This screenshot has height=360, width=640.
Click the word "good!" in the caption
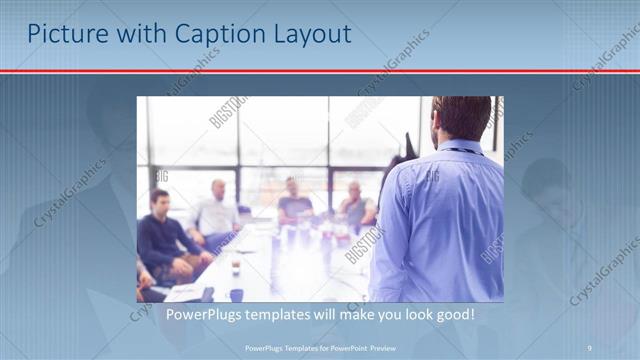452,314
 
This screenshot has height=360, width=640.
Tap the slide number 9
589,347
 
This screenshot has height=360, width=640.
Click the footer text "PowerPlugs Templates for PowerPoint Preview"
319,347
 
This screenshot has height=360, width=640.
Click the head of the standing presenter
462,118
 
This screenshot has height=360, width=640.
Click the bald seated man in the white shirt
215,212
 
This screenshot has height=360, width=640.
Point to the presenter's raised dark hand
409,146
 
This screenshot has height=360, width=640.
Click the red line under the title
320,71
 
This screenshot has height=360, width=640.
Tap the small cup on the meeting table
235,267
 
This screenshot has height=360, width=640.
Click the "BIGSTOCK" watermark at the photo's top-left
228,112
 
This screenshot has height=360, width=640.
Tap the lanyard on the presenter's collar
460,151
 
